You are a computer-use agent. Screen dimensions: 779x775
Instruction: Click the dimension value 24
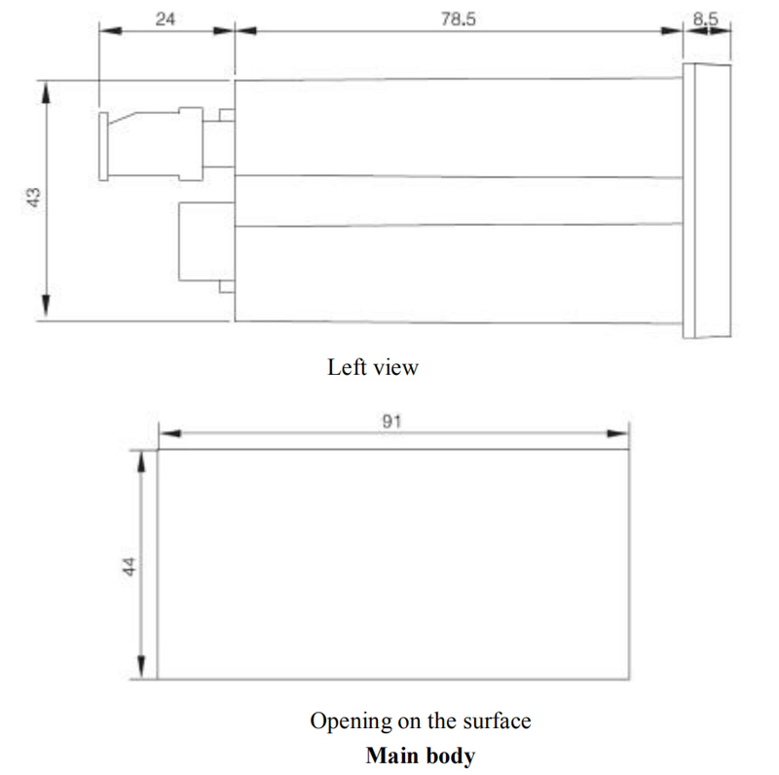[166, 18]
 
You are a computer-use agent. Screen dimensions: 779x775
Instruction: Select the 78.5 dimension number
[459, 18]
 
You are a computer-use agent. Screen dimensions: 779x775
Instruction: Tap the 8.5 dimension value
[705, 18]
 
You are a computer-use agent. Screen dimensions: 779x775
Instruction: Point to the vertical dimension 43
[33, 198]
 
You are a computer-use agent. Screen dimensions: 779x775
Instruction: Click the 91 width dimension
[391, 422]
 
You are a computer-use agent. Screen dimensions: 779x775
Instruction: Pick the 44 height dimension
[129, 567]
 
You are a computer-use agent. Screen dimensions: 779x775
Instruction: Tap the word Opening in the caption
[351, 721]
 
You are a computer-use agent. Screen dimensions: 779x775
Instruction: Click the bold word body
[451, 757]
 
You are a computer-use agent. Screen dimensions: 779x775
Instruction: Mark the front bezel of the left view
[707, 201]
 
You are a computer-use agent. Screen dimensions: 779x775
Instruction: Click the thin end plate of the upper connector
[103, 147]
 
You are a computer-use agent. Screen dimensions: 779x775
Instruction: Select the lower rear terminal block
[206, 241]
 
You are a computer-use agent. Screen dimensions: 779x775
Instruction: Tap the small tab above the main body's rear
[227, 115]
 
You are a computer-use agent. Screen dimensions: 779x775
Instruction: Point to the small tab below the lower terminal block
[227, 286]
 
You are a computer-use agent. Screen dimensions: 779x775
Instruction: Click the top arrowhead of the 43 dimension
[46, 92]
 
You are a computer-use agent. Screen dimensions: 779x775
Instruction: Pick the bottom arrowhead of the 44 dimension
[141, 667]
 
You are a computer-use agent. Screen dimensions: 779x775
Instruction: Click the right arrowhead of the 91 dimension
[618, 433]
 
